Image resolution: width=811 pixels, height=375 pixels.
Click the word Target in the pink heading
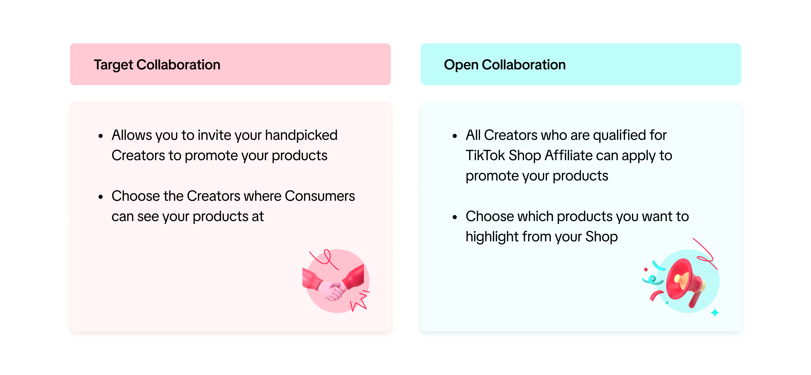[113, 65]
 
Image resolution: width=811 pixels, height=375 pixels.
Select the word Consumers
[320, 196]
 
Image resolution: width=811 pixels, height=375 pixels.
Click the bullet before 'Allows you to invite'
[101, 136]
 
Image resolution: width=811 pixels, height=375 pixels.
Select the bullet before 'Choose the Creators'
[101, 197]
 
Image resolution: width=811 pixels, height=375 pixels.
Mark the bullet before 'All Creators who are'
[454, 136]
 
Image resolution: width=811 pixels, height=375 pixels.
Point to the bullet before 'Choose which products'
[454, 217]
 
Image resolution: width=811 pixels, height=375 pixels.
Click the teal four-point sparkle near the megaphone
[715, 313]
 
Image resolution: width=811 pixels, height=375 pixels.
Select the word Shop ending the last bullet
[601, 237]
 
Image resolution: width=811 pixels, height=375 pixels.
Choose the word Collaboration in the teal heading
[523, 65]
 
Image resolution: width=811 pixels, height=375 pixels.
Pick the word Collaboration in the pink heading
[179, 65]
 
